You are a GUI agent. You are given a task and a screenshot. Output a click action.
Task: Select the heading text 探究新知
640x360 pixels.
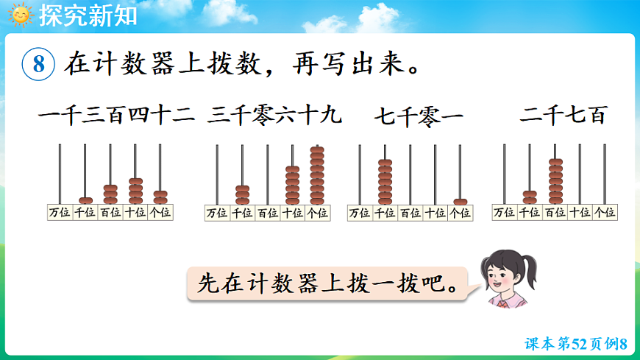click(88, 15)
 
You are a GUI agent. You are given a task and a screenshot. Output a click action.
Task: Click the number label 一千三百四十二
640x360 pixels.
click(115, 116)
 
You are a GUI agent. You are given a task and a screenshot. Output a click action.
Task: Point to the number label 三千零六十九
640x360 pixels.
click(275, 116)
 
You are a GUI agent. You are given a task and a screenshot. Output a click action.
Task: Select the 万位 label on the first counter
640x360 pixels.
click(60, 213)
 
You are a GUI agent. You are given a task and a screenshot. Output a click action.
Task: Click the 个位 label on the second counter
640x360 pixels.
click(317, 213)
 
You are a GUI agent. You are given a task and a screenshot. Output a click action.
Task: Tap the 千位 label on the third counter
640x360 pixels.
click(385, 213)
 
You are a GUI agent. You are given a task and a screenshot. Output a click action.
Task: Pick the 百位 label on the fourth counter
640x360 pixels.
click(555, 213)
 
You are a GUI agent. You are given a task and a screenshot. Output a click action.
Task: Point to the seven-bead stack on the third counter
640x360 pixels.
click(385, 182)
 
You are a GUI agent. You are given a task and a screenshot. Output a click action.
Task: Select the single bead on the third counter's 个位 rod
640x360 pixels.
click(461, 202)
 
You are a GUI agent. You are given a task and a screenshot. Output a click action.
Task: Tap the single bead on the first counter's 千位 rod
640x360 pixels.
click(85, 201)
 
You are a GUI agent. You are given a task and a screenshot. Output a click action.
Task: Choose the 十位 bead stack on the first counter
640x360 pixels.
click(135, 191)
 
